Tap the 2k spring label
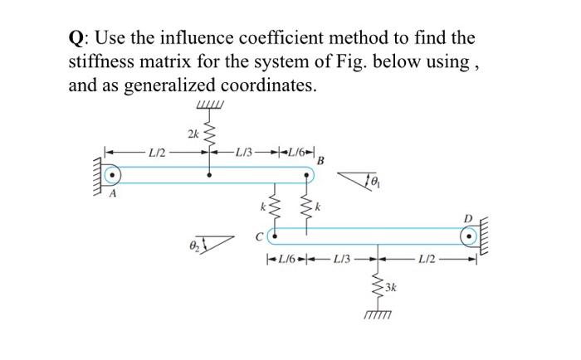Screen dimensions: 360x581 (193, 133)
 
